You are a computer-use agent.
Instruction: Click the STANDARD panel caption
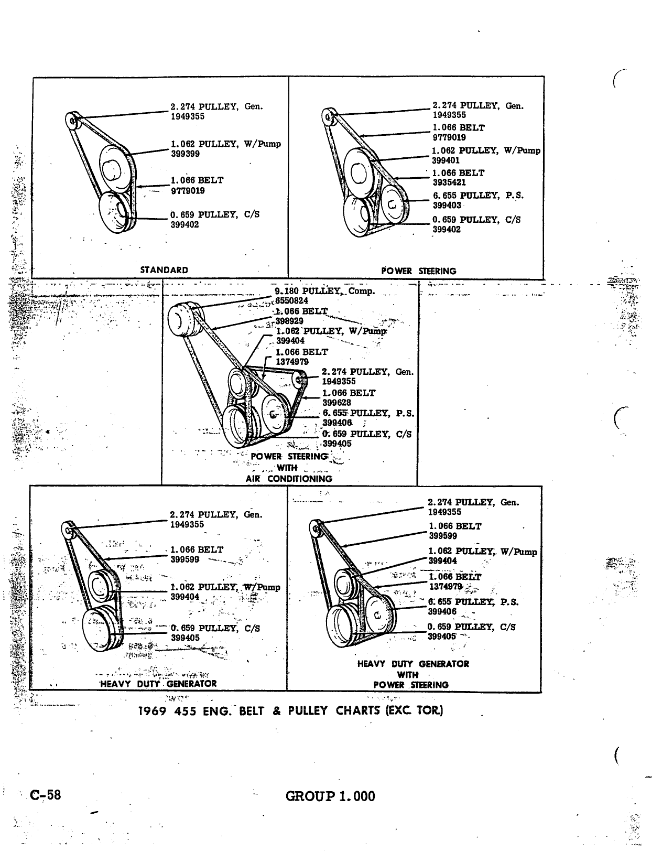(164, 270)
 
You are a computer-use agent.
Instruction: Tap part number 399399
(185, 154)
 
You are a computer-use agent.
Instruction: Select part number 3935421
(449, 182)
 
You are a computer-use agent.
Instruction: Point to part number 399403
(447, 206)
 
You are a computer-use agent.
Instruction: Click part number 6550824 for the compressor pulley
(292, 300)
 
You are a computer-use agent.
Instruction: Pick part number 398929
(289, 321)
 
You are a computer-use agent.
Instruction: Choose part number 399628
(337, 402)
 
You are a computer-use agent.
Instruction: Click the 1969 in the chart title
(152, 710)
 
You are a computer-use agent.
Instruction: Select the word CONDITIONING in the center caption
(300, 479)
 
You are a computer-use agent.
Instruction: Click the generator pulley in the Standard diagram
(73, 121)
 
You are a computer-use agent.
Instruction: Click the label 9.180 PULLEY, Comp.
(324, 291)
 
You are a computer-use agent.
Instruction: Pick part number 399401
(446, 160)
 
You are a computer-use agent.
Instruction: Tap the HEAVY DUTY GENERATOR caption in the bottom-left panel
(158, 684)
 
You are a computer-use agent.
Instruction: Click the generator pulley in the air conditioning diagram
(300, 380)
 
